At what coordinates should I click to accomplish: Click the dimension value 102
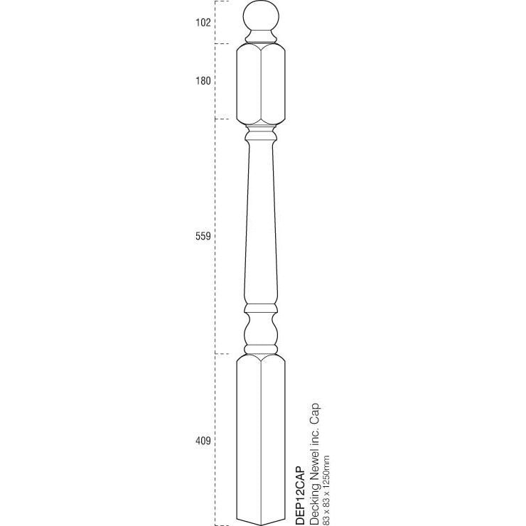(203, 23)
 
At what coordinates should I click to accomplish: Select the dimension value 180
(203, 81)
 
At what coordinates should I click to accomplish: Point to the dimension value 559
(203, 237)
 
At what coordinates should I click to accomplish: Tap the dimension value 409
(203, 441)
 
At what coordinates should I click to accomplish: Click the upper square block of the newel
(259, 82)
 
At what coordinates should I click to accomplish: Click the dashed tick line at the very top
(225, 2)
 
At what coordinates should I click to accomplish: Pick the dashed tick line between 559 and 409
(225, 353)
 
